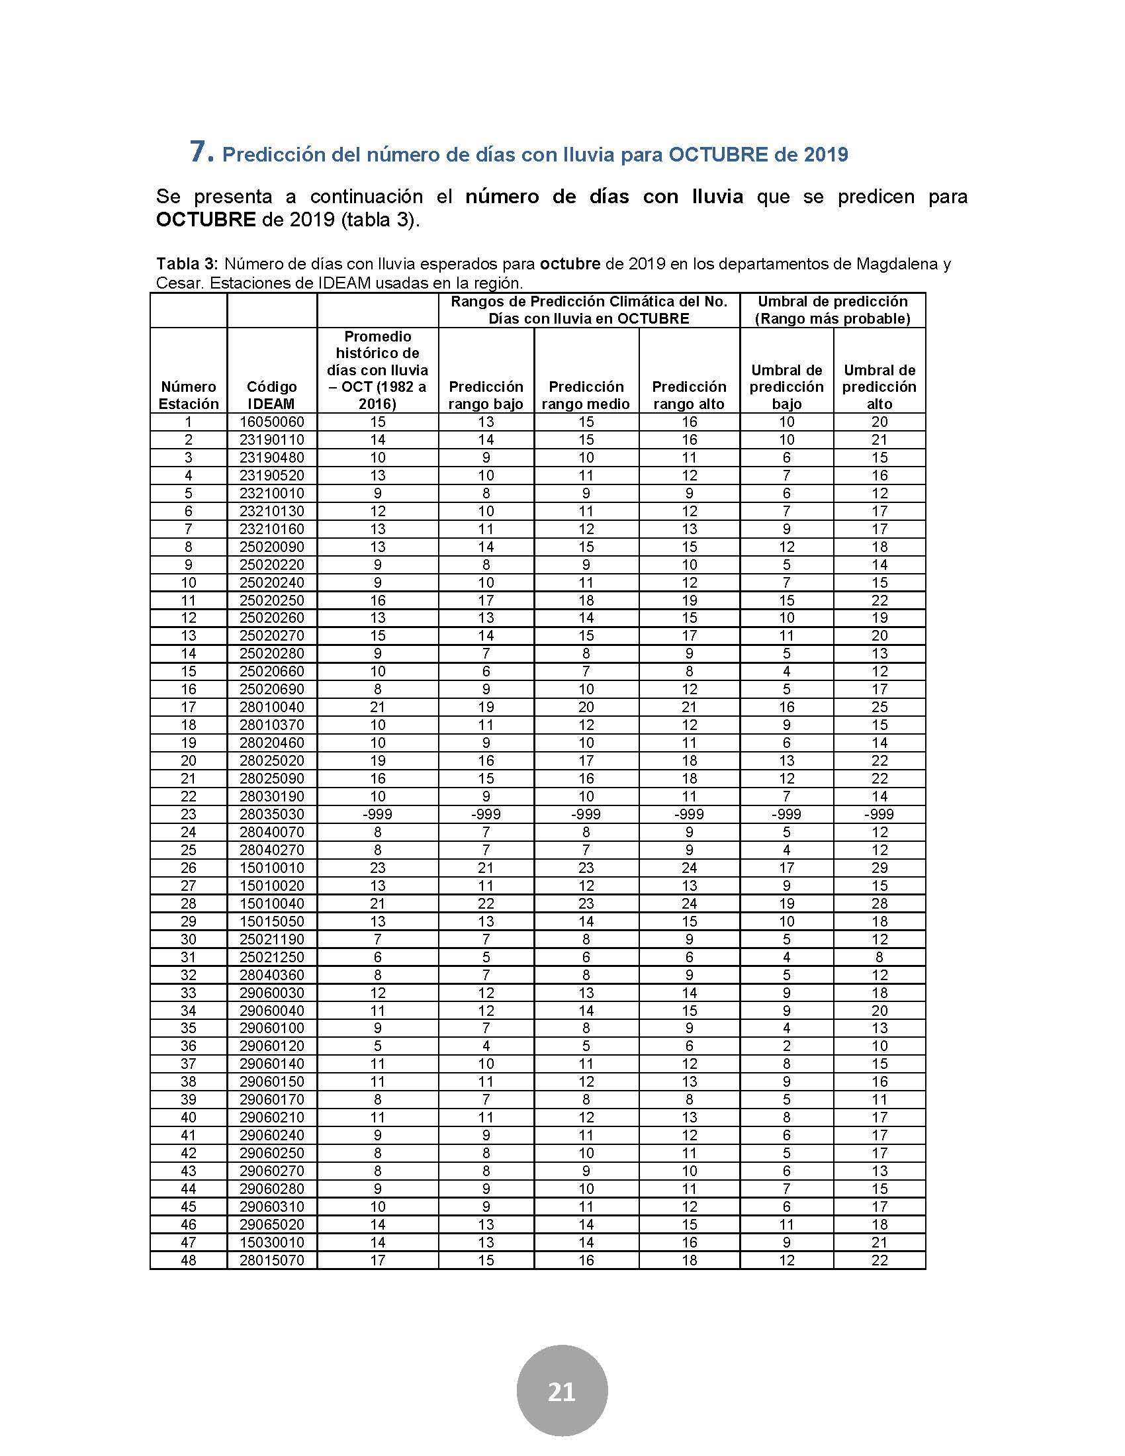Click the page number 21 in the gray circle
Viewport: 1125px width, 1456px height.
(561, 1392)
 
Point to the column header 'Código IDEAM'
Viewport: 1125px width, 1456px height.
(271, 395)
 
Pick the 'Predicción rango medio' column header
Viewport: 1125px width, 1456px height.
(586, 395)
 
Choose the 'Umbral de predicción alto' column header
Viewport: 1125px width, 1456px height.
(879, 387)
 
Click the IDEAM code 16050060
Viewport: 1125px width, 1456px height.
(271, 422)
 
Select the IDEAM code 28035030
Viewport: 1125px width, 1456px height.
(271, 814)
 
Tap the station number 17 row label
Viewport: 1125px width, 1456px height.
(189, 707)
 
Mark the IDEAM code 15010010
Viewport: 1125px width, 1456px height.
(271, 868)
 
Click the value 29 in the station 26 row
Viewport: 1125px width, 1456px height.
(879, 868)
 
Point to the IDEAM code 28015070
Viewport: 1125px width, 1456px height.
(271, 1260)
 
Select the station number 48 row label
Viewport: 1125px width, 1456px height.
(189, 1260)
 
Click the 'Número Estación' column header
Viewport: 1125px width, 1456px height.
(189, 395)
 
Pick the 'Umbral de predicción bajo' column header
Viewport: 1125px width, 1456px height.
(786, 387)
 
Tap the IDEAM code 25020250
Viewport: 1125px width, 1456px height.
(271, 600)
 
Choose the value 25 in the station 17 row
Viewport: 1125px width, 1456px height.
(879, 707)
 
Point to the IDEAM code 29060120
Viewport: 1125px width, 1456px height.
(271, 1046)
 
